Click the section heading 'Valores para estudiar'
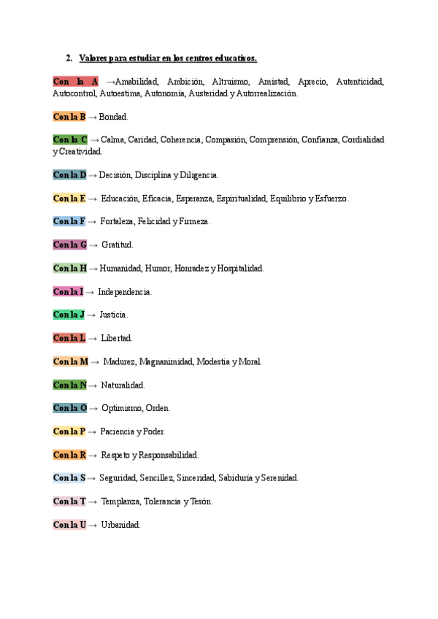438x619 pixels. pos(168,58)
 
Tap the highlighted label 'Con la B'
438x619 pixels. pos(69,116)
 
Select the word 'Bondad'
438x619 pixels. pos(113,116)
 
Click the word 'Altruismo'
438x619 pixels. pos(230,82)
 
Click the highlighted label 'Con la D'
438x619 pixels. pos(69,174)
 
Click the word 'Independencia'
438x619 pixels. pos(125,291)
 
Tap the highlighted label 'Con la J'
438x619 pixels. pos(68,315)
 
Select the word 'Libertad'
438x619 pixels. pos(116,338)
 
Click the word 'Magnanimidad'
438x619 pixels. pos(165,361)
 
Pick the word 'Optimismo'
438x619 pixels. pos(120,408)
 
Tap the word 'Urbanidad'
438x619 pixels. pos(120,525)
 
